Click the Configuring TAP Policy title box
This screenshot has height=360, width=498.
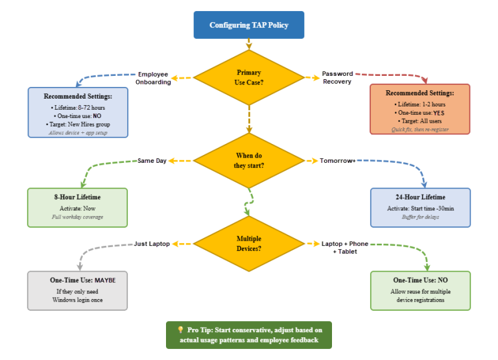[249, 25]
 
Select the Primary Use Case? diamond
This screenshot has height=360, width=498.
[249, 77]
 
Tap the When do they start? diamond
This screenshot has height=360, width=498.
[249, 160]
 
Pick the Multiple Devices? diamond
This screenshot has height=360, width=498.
[249, 244]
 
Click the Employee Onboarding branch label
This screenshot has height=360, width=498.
[153, 78]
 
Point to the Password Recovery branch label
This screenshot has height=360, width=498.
[337, 78]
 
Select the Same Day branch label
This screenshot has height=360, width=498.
[152, 161]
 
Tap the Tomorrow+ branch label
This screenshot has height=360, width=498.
[337, 161]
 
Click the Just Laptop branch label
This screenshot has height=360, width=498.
[152, 244]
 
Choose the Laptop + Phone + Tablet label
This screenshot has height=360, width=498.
[345, 248]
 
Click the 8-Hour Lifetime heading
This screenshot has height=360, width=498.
[77, 197]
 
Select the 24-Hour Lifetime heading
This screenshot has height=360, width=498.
[420, 197]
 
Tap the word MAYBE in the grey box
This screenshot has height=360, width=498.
[105, 280]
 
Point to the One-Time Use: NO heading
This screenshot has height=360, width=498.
[420, 280]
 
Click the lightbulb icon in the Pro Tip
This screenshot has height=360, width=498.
[180, 330]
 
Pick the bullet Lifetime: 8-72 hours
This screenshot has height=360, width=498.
[78, 108]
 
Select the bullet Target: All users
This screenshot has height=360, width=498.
[420, 121]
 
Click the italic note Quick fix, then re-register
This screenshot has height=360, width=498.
[420, 129]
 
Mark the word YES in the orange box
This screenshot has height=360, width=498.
[438, 113]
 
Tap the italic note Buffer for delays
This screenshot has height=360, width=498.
[420, 217]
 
